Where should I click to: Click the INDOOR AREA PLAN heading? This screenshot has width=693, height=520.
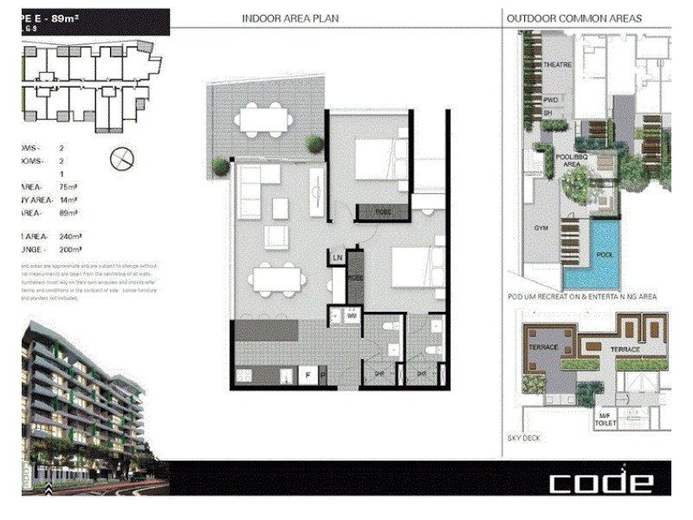pyautogui.click(x=290, y=18)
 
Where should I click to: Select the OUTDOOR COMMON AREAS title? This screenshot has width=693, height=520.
pyautogui.click(x=574, y=18)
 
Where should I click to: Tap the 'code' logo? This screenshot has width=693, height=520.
pyautogui.click(x=600, y=482)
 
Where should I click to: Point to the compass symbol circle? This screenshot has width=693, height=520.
pyautogui.click(x=123, y=158)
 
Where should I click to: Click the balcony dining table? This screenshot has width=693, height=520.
pyautogui.click(x=264, y=120)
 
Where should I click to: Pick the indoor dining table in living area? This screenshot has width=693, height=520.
pyautogui.click(x=277, y=279)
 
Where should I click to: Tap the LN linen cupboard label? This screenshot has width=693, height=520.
pyautogui.click(x=337, y=257)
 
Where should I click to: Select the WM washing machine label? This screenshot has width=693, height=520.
pyautogui.click(x=352, y=317)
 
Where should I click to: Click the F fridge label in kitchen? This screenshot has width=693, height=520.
pyautogui.click(x=307, y=375)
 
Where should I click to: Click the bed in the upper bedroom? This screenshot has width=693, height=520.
pyautogui.click(x=381, y=159)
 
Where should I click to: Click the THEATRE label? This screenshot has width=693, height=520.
pyautogui.click(x=557, y=66)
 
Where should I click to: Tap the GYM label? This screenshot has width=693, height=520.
pyautogui.click(x=541, y=228)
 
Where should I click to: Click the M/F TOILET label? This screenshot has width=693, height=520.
pyautogui.click(x=605, y=419)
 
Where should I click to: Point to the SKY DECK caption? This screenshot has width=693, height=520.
pyautogui.click(x=524, y=439)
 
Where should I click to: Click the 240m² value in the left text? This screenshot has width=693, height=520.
pyautogui.click(x=70, y=236)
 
